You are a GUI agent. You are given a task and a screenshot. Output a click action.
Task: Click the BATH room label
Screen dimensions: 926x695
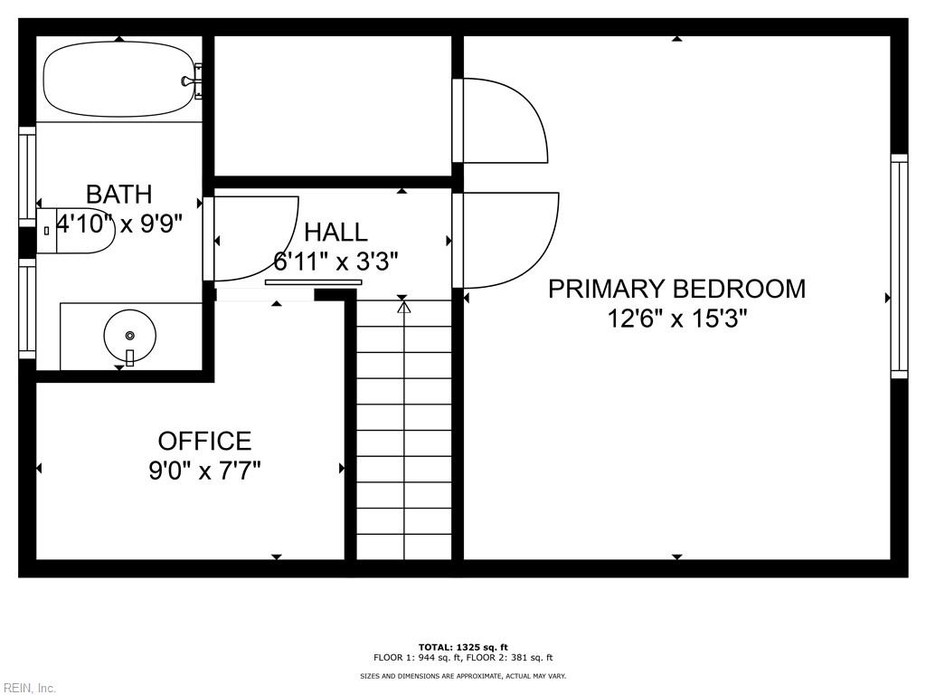118,194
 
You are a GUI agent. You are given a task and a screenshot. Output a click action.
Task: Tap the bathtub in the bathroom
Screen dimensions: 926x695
119,79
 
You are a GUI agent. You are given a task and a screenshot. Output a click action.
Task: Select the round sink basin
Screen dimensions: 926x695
130,336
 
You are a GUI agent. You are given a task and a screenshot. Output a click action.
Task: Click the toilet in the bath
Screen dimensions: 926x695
75,231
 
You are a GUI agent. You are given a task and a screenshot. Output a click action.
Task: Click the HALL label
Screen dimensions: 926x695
335,233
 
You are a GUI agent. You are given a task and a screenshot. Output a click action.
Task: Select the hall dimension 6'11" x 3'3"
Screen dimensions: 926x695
335,261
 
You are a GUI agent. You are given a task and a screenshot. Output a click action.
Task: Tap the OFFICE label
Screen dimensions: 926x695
204,441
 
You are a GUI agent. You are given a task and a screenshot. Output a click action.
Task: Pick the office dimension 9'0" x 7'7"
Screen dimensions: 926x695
204,471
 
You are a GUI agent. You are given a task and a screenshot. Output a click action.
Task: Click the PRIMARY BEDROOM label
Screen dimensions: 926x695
676,289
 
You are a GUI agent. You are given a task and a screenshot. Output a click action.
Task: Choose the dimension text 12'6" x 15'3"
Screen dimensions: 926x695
677,319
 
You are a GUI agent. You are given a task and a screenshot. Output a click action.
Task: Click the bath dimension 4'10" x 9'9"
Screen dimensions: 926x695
119,224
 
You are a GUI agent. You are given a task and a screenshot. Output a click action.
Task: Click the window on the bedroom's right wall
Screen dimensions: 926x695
899,267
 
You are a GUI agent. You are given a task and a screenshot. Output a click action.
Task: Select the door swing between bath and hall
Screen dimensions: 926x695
251,238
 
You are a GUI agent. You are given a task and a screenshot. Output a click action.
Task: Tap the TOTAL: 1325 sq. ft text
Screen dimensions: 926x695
463,647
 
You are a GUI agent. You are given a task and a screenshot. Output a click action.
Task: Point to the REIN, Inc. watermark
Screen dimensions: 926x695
28,688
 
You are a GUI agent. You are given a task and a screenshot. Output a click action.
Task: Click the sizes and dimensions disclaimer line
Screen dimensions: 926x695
463,675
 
